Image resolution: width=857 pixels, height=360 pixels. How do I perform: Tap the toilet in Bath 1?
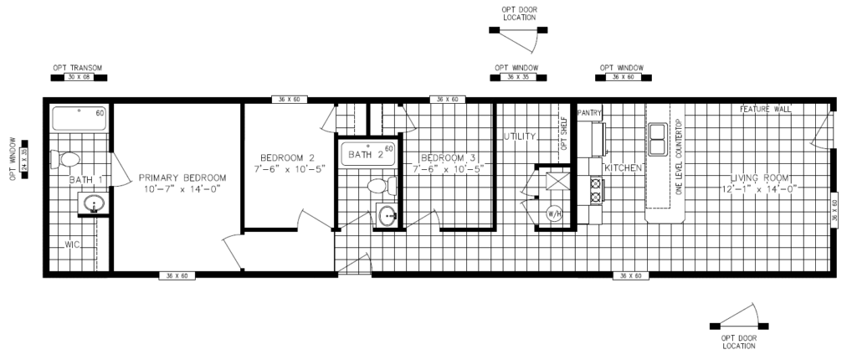(x=64, y=158)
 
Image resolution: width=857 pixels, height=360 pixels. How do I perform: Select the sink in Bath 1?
(x=94, y=203)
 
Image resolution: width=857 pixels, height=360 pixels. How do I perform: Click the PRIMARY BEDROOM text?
(x=182, y=177)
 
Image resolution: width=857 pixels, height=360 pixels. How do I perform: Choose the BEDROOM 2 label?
(x=287, y=158)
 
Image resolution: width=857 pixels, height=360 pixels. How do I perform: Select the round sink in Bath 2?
(x=387, y=216)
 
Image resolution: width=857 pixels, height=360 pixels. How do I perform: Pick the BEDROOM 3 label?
(x=448, y=158)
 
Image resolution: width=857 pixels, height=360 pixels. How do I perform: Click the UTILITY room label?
(x=519, y=136)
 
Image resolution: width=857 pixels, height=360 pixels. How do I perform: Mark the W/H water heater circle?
(x=554, y=213)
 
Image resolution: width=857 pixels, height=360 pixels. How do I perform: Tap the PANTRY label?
(x=585, y=111)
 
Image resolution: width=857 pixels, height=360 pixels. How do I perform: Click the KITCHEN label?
(x=624, y=168)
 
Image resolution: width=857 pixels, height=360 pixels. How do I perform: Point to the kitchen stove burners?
(x=596, y=191)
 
